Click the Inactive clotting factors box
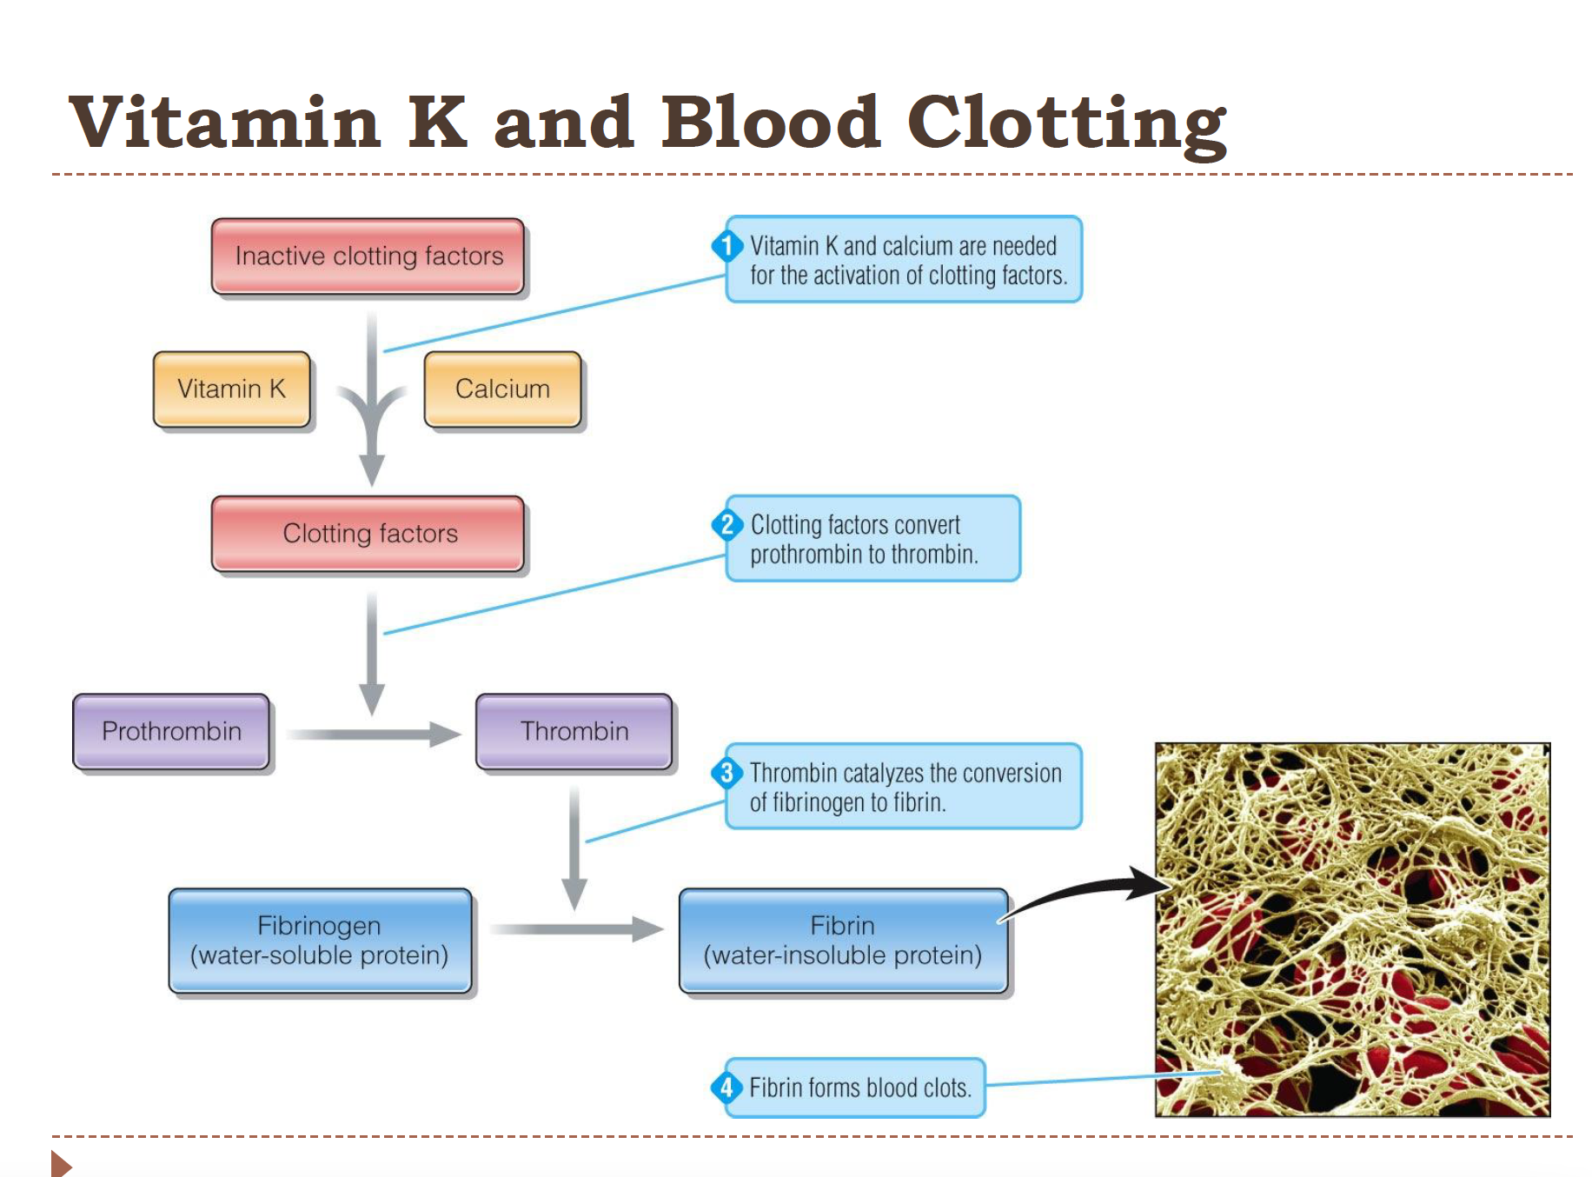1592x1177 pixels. [x=368, y=256]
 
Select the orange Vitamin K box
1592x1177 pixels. [x=231, y=389]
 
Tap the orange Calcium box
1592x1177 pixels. [x=502, y=389]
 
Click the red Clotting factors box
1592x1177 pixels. [x=368, y=534]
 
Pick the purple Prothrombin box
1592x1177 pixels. [x=171, y=732]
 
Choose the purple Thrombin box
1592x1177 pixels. [x=574, y=732]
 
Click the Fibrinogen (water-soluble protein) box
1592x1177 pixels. [x=320, y=941]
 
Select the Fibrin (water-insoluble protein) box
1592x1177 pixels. [x=843, y=941]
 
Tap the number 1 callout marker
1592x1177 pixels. [x=726, y=246]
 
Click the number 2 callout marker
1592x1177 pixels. [x=726, y=525]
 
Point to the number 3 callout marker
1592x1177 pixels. [x=726, y=773]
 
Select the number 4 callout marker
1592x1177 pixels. [x=726, y=1087]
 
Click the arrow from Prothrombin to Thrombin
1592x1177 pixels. [x=374, y=735]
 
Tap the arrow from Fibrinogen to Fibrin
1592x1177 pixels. [x=577, y=929]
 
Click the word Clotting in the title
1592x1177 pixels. [x=1065, y=123]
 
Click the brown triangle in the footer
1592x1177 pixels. [x=60, y=1163]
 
